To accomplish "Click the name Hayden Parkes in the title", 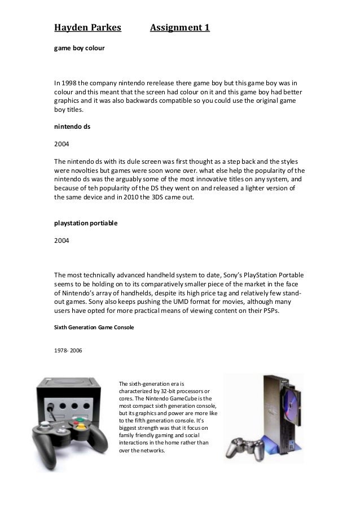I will (87, 27).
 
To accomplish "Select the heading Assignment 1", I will (180, 27).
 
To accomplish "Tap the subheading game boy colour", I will (78, 49).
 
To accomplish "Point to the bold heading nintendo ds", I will (72, 127).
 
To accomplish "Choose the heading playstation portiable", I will (86, 223).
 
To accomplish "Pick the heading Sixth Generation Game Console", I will (94, 327).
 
